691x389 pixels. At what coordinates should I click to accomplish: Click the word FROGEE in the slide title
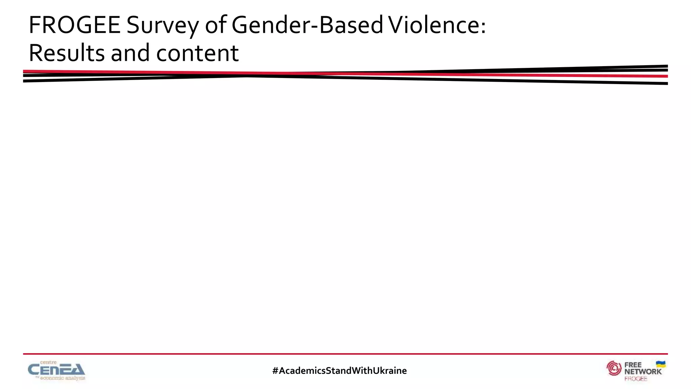click(75, 25)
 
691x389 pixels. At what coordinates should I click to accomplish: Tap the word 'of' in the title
click(216, 25)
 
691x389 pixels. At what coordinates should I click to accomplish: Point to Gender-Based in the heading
click(307, 26)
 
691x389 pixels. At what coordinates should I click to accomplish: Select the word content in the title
click(197, 53)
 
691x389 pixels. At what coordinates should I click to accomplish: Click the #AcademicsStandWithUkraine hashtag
click(339, 371)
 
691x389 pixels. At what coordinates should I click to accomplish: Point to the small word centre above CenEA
click(48, 362)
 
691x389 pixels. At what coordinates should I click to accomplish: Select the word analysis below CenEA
click(75, 378)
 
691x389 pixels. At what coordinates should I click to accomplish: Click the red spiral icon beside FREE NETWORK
click(614, 368)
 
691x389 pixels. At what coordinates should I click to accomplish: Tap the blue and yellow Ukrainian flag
click(661, 364)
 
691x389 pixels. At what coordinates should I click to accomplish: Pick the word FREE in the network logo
click(633, 365)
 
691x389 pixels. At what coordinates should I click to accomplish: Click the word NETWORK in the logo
click(643, 371)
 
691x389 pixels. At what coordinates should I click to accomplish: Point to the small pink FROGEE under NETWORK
click(636, 379)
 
